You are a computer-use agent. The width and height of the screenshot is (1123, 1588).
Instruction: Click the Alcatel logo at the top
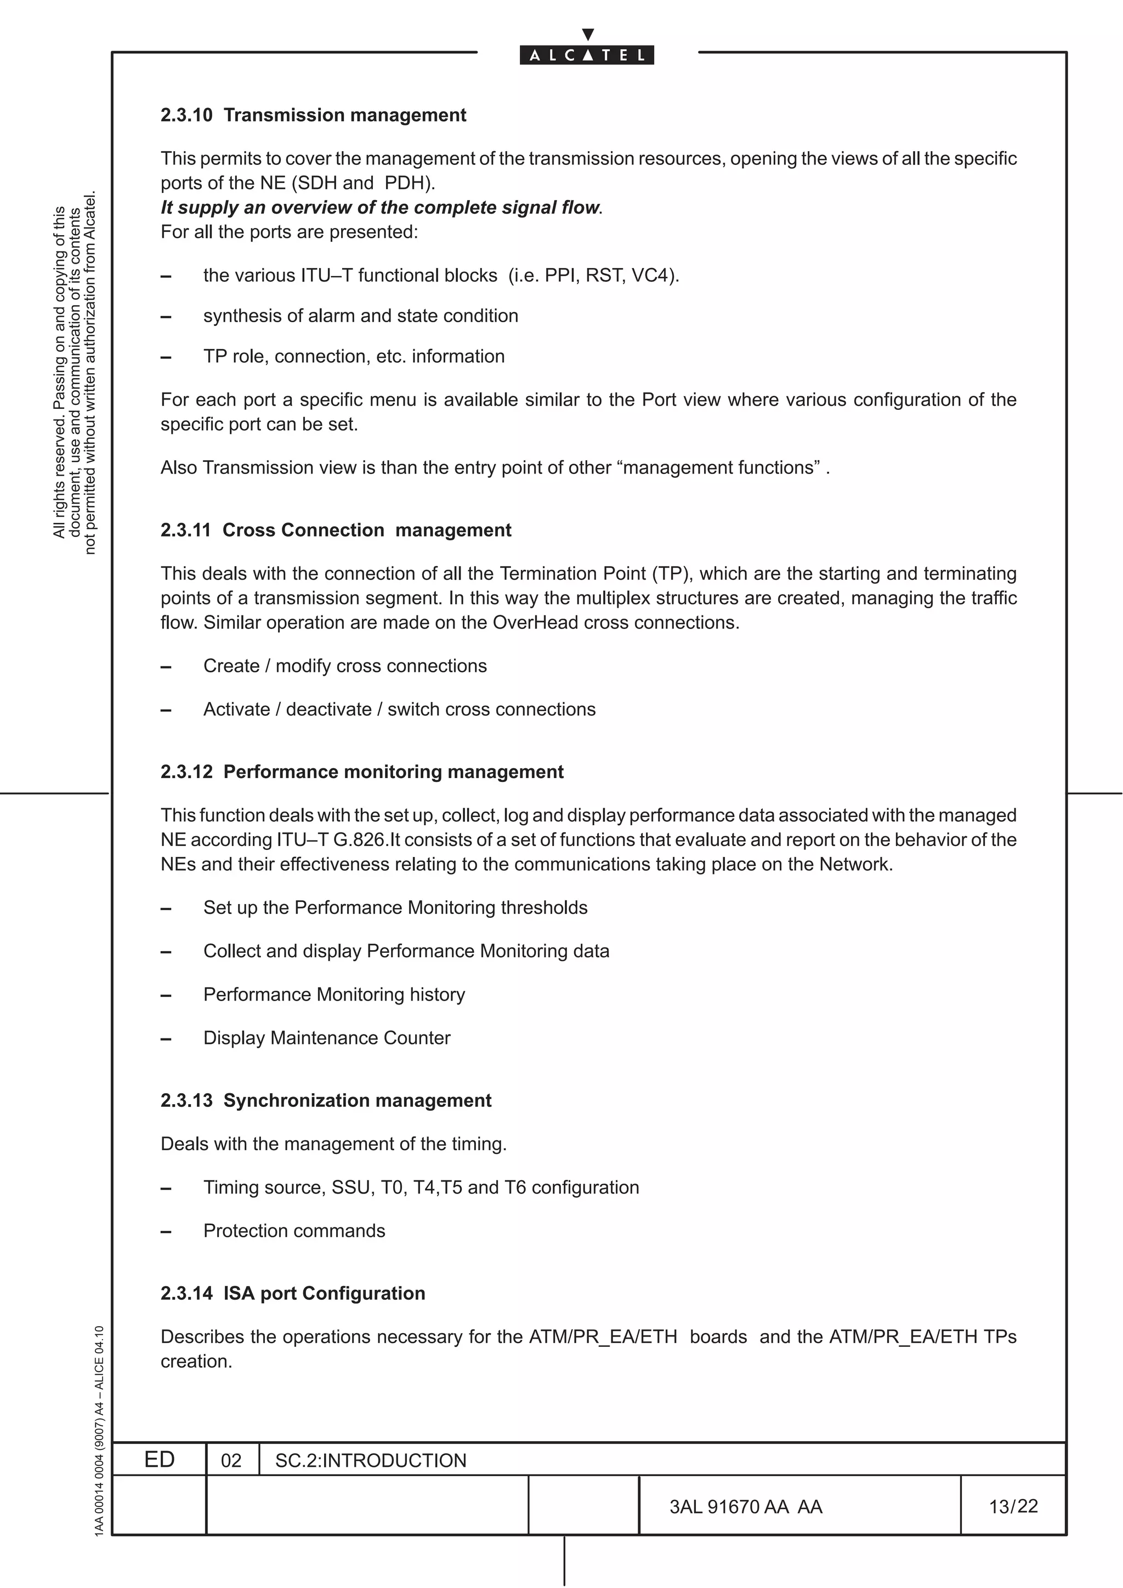click(x=587, y=55)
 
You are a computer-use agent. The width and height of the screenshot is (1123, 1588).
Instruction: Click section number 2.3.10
click(x=186, y=115)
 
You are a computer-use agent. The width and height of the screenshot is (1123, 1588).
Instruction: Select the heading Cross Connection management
click(x=367, y=530)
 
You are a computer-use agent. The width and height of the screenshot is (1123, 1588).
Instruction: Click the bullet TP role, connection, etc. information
click(x=354, y=356)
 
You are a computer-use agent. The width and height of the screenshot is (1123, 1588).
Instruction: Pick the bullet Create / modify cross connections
click(x=344, y=665)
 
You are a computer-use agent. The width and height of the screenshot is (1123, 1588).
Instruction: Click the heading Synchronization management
click(x=357, y=1100)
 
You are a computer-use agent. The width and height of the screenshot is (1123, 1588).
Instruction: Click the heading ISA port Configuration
click(x=324, y=1293)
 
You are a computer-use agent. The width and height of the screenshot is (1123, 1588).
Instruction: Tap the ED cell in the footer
click(x=159, y=1459)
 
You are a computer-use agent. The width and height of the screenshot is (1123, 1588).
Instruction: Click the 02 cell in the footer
click(x=231, y=1460)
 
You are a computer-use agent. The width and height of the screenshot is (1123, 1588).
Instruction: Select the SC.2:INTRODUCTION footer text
click(x=371, y=1460)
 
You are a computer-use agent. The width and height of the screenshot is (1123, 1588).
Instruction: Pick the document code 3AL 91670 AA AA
click(x=745, y=1506)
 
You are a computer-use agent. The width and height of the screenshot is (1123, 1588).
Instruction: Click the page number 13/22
click(x=1013, y=1506)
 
